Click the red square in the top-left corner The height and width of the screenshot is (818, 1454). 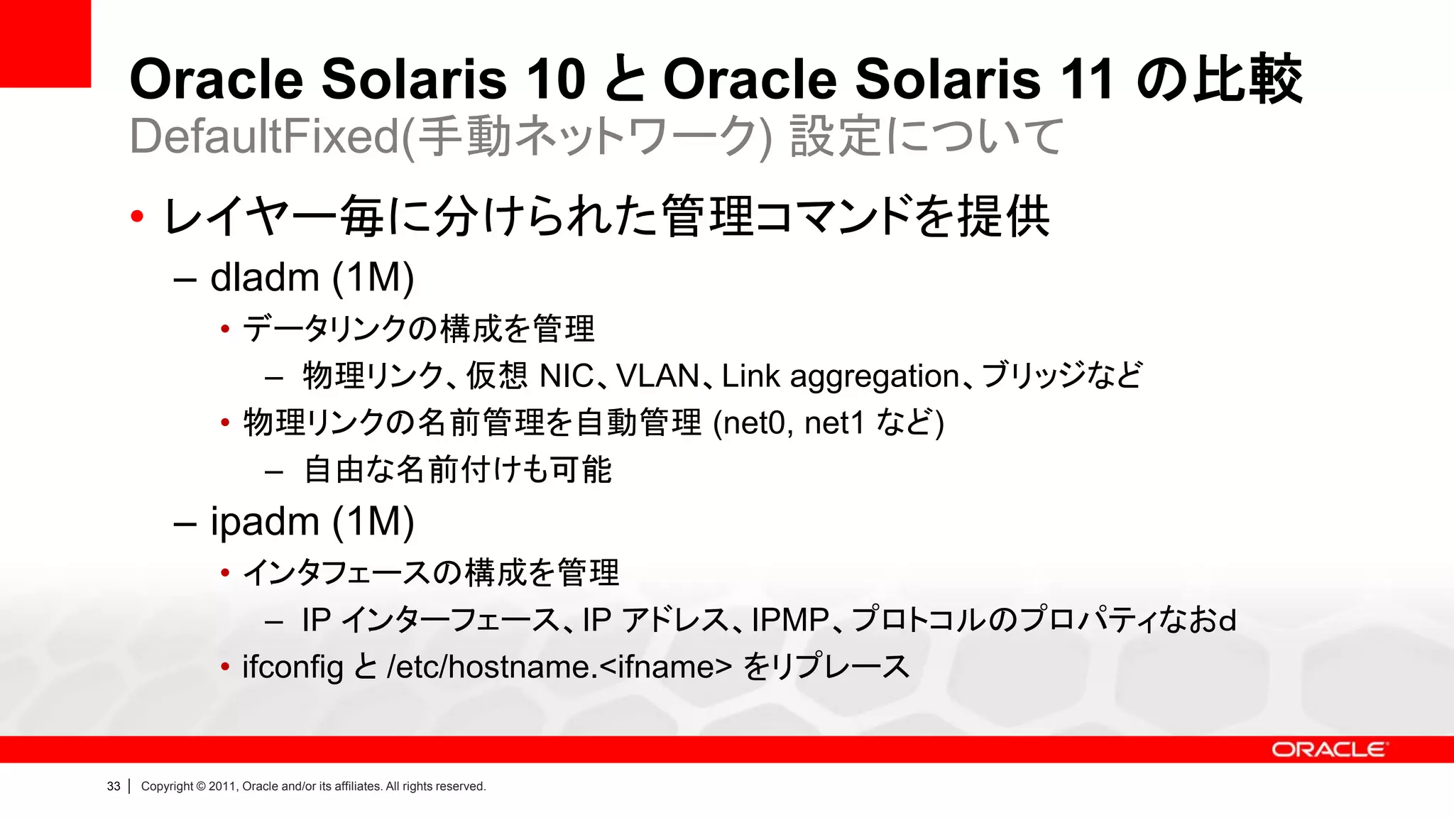click(x=45, y=43)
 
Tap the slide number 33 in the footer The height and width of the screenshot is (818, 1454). click(x=114, y=786)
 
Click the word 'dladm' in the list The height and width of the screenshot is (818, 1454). click(x=264, y=278)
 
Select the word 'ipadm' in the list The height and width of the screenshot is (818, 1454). click(x=264, y=523)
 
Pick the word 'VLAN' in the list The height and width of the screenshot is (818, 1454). click(x=657, y=376)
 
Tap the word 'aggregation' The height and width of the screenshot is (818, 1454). click(x=875, y=377)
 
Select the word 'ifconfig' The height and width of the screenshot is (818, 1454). click(x=293, y=667)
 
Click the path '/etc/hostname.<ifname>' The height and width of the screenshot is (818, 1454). click(x=559, y=667)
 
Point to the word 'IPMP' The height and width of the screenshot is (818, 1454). click(x=790, y=620)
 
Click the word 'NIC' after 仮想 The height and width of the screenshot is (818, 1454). click(x=567, y=376)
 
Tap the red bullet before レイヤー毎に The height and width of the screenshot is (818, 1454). click(x=137, y=216)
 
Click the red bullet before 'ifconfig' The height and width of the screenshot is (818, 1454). click(x=225, y=667)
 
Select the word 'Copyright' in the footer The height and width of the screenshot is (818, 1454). click(x=167, y=786)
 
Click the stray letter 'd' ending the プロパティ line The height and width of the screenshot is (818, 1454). click(x=1227, y=621)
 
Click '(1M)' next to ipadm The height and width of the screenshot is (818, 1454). click(x=373, y=523)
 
